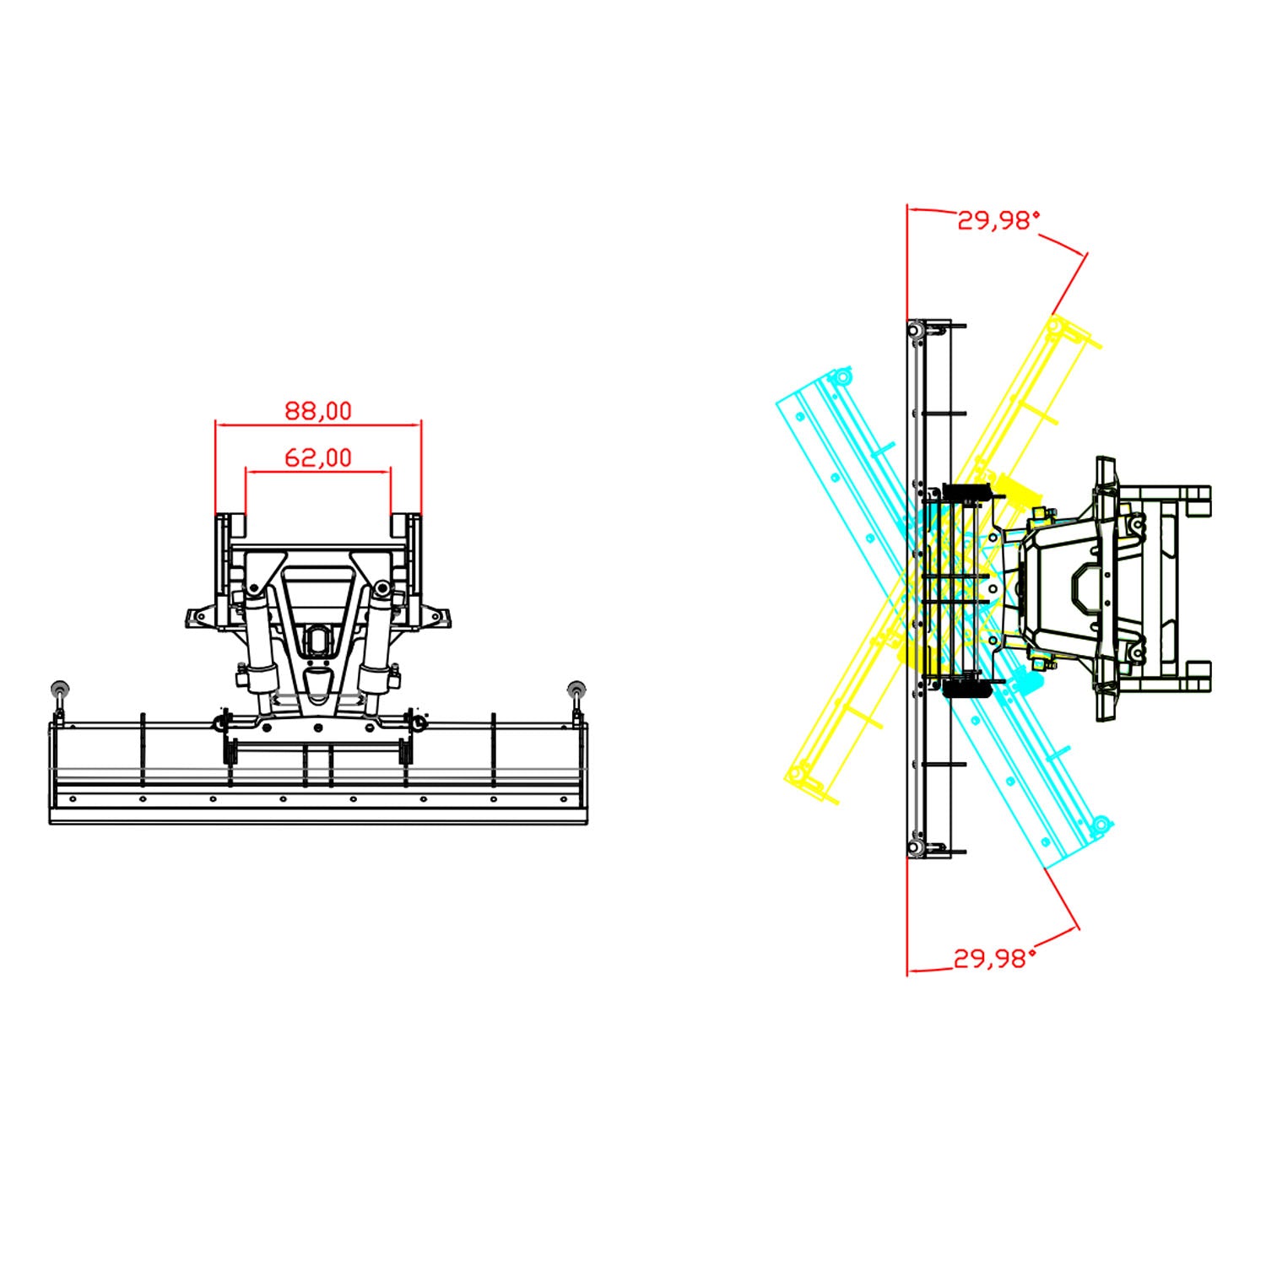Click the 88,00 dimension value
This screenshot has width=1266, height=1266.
[x=317, y=411]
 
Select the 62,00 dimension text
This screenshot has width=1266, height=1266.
[x=317, y=457]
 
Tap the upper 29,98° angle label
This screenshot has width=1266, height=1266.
[x=998, y=220]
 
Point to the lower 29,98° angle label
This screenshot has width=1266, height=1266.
[x=994, y=958]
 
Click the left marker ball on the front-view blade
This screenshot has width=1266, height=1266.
[x=60, y=688]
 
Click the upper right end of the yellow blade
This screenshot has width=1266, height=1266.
[x=1057, y=324]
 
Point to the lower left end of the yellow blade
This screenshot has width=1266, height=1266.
[x=797, y=773]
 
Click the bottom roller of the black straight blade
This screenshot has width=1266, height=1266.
[x=914, y=847]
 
